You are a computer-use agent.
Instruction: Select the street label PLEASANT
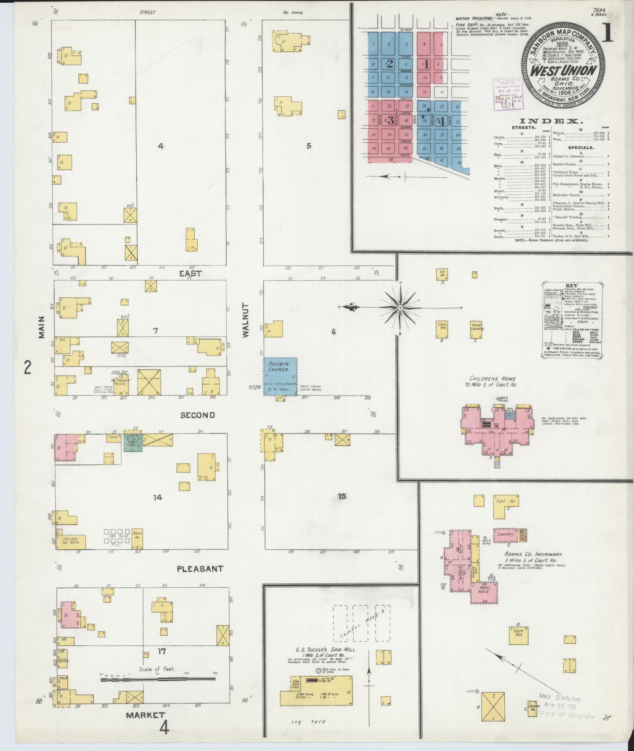[200, 569]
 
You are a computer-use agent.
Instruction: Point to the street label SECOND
[197, 415]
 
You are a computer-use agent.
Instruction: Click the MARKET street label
[145, 715]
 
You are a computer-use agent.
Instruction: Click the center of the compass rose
[400, 308]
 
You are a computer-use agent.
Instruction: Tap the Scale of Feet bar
[158, 679]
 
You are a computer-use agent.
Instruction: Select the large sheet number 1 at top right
[608, 35]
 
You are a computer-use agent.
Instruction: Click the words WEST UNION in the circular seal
[564, 71]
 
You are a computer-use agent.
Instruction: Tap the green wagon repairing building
[133, 442]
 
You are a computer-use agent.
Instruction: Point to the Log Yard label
[302, 722]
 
